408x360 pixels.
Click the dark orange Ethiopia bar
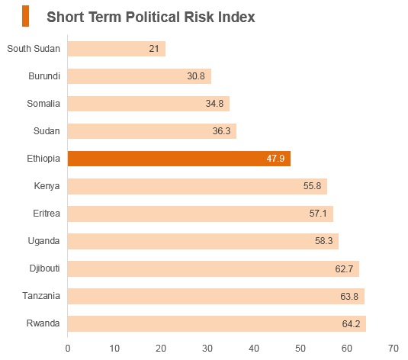[179, 159]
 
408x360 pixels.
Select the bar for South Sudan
[117, 49]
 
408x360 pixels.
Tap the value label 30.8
[196, 76]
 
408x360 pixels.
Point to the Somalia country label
[43, 103]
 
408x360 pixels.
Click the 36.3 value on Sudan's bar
[221, 130]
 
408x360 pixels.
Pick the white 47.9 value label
[275, 159]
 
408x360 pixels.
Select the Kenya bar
[198, 186]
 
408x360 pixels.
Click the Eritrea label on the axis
[47, 214]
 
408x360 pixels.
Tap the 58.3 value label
[324, 240]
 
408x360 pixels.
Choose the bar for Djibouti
[214, 268]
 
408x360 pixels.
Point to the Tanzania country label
[41, 296]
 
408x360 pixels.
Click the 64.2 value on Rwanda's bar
[351, 323]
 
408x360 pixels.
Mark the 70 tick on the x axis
[394, 349]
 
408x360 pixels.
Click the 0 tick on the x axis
[68, 349]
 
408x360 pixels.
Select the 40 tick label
[254, 349]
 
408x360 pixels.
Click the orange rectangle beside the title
[25, 16]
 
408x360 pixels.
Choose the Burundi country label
[44, 76]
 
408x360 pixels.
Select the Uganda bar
[203, 241]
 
